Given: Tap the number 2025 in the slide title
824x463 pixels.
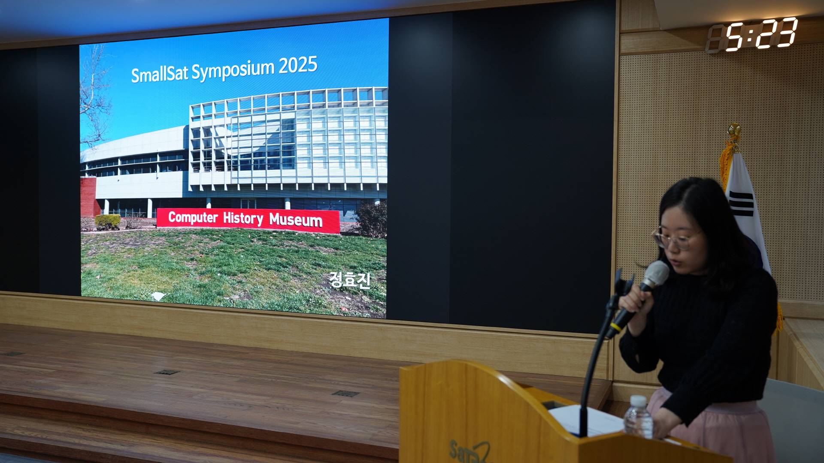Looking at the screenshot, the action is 298,65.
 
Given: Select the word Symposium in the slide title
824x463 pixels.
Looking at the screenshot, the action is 233,70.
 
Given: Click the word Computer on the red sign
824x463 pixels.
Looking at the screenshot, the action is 193,217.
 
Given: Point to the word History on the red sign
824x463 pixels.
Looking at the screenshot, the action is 243,219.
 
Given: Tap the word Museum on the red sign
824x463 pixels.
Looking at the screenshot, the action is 296,220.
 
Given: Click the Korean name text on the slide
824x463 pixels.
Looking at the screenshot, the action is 350,280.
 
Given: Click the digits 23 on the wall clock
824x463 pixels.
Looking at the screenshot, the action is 776,33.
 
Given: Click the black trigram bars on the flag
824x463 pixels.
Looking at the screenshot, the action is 741,204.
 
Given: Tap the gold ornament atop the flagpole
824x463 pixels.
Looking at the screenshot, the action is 734,132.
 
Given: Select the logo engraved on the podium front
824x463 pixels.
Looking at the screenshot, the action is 469,451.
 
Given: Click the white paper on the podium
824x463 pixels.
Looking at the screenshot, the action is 586,420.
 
